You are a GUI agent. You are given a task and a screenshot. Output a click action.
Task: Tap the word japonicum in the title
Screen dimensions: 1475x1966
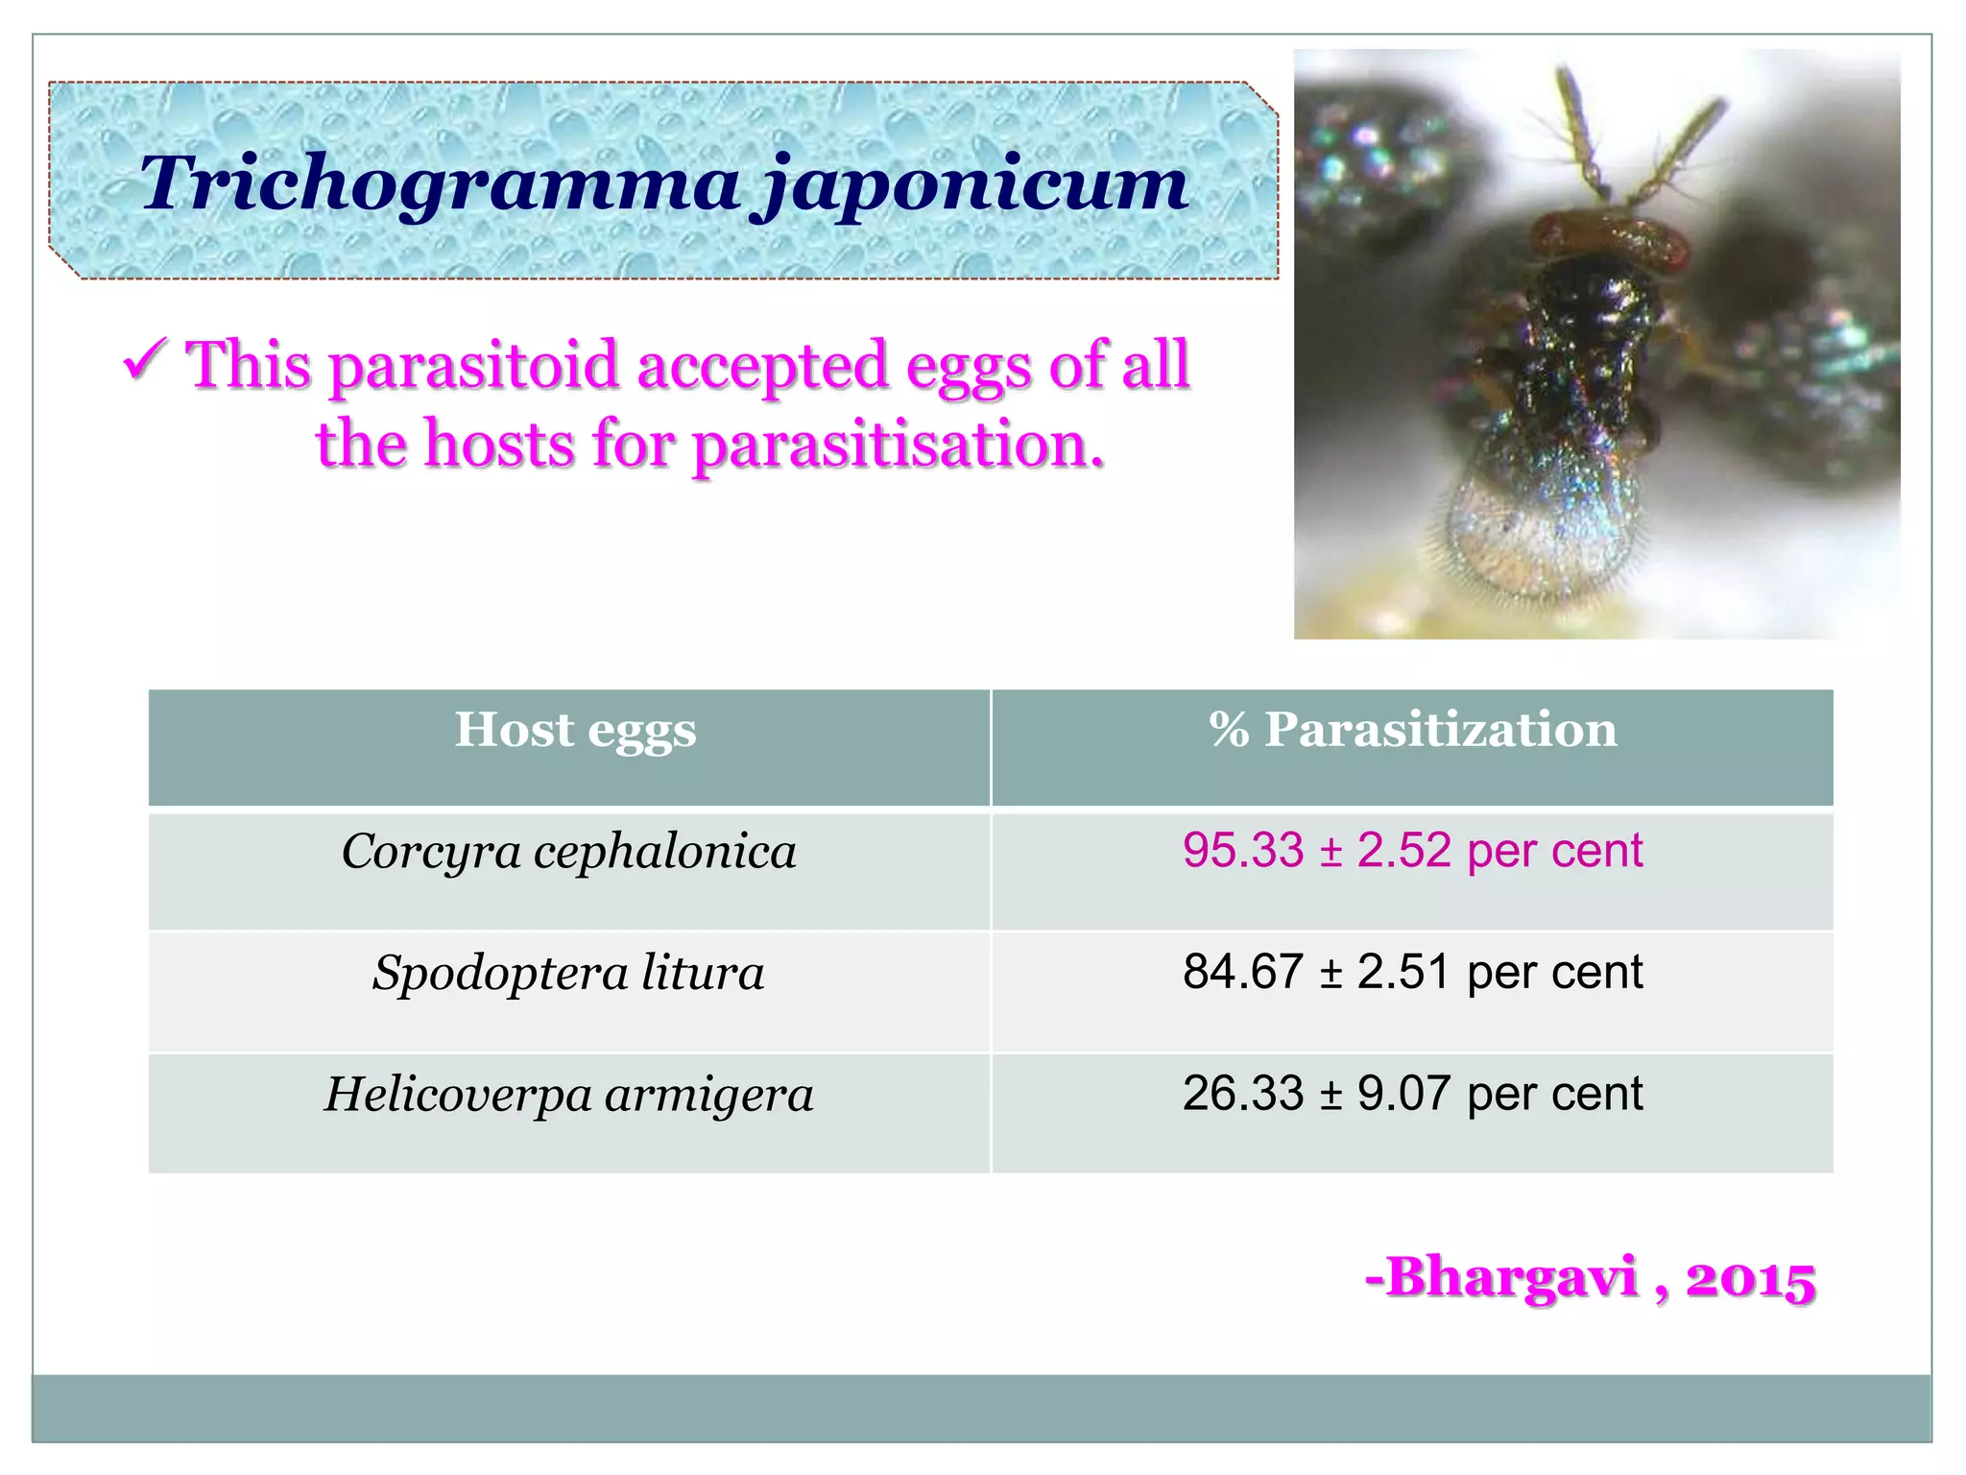(x=975, y=184)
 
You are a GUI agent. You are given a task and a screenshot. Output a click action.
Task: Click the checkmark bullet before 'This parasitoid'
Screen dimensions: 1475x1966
(x=146, y=361)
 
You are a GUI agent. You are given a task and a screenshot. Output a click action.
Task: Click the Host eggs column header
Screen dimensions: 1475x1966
(x=575, y=730)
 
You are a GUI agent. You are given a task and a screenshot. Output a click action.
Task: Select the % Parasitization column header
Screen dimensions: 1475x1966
(x=1412, y=730)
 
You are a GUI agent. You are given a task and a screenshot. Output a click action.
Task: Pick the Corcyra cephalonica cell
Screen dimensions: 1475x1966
(x=569, y=852)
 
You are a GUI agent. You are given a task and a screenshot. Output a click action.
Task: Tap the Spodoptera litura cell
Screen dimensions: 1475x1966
(x=569, y=973)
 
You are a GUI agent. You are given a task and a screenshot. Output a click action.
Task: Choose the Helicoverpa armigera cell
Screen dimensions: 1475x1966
(x=569, y=1095)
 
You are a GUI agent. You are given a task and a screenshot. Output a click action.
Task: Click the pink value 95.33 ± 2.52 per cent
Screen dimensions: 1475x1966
(x=1412, y=851)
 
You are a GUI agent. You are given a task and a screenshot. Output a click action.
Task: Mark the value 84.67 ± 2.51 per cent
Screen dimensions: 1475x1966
(x=1412, y=972)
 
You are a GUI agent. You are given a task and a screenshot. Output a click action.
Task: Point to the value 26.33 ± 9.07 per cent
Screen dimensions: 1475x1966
(x=1412, y=1094)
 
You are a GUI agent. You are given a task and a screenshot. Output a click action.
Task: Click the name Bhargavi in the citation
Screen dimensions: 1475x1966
(x=1512, y=1278)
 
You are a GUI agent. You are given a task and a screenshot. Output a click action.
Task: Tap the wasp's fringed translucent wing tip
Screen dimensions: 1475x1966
(x=1536, y=547)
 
